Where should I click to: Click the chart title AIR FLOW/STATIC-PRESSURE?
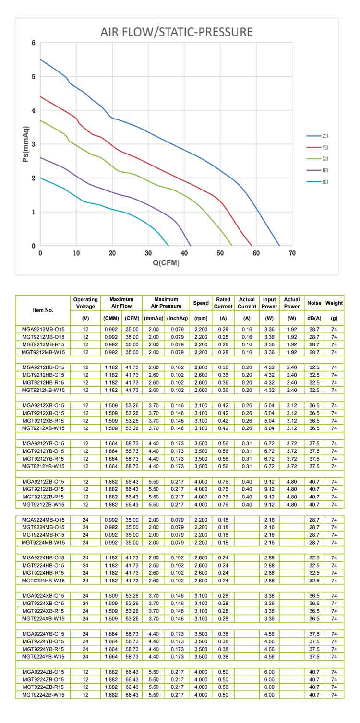coord(176,33)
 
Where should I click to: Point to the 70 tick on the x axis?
coord(292,253)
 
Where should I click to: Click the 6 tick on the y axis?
coord(33,43)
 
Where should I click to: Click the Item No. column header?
coord(43,310)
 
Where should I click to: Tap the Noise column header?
coord(314,303)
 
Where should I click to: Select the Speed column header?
coord(201,303)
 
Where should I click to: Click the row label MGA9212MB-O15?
coord(43,330)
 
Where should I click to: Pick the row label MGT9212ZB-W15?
coord(43,505)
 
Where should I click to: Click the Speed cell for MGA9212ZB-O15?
coord(201,482)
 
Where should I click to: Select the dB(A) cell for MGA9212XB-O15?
coord(314,405)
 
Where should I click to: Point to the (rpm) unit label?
coord(201,318)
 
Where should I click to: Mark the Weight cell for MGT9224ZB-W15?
coord(334,695)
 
